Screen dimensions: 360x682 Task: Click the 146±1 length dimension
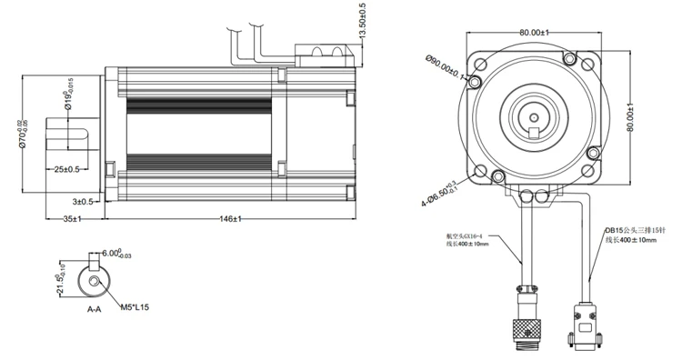[229, 219]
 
